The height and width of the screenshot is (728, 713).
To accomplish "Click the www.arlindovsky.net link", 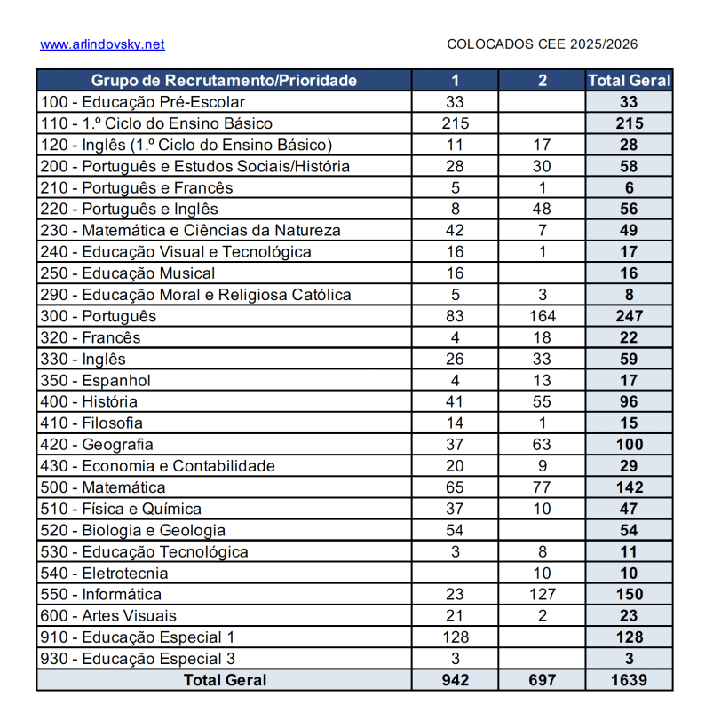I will click(x=102, y=44).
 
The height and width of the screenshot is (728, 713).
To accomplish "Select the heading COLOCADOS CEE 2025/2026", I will click(x=542, y=44).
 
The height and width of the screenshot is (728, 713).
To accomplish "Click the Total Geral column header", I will click(x=629, y=81).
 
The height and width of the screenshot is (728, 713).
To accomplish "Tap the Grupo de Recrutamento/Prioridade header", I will click(x=224, y=81).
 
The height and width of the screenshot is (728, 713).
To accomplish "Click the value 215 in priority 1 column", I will click(x=455, y=123).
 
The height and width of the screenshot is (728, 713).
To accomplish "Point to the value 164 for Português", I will click(x=542, y=316).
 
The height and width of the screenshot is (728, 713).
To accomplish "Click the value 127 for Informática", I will click(x=542, y=595).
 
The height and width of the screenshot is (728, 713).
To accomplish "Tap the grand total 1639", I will click(x=629, y=680).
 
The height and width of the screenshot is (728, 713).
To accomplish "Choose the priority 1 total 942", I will click(x=455, y=680).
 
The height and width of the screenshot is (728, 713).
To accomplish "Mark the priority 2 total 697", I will click(x=542, y=680).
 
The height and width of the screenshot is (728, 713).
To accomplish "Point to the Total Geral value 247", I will click(x=629, y=316).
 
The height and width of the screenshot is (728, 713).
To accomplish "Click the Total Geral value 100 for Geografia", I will click(x=629, y=445).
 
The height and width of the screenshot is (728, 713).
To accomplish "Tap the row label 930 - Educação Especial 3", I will click(x=138, y=659).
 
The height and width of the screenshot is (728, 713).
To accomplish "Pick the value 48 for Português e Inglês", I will click(x=542, y=210).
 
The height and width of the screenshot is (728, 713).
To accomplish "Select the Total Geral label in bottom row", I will click(x=224, y=680).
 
